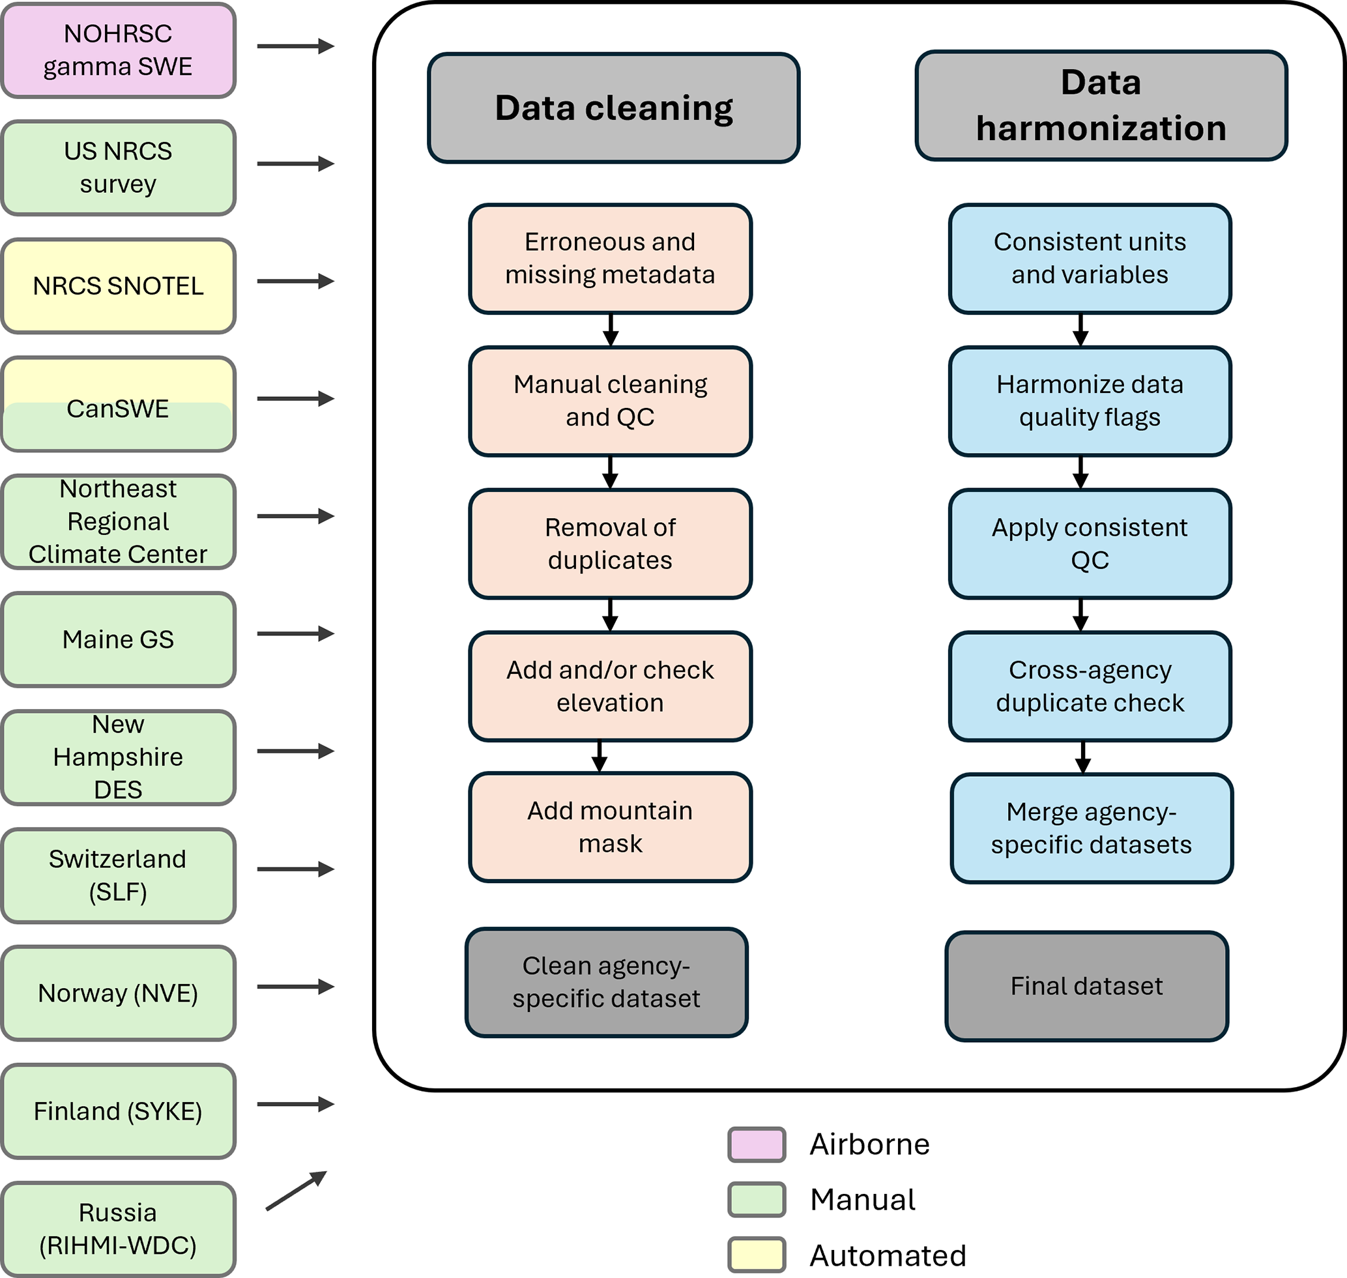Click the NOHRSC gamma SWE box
pos(118,50)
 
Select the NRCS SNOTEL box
pos(118,286)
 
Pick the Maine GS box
pos(118,640)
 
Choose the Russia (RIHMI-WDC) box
pos(118,1229)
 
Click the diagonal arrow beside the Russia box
pos(297,1191)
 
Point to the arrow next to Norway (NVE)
pos(296,987)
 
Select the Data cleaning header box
pos(613,108)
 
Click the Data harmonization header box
pos(1101,106)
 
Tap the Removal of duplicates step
pos(610,544)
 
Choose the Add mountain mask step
pos(610,827)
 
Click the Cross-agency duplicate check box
pos(1090,686)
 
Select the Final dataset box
pos(1087,986)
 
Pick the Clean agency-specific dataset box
pos(607,981)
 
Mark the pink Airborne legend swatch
pos(757,1144)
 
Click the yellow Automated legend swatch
pos(757,1255)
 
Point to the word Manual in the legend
pos(863,1200)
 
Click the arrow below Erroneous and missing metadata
pos(611,330)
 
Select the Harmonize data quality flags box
pos(1090,401)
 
